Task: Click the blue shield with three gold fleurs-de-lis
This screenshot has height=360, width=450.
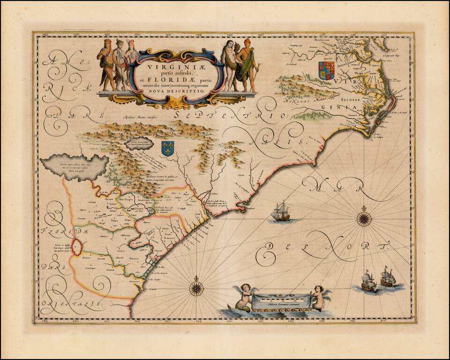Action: pos(167,148)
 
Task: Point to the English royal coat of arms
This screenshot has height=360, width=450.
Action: pos(326,70)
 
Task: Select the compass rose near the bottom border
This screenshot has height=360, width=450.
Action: pos(196,287)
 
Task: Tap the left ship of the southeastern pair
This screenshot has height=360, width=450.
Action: pos(369,281)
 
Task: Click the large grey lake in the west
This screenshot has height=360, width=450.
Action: pos(75,166)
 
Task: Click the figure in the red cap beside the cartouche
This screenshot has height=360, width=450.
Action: pos(247,63)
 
